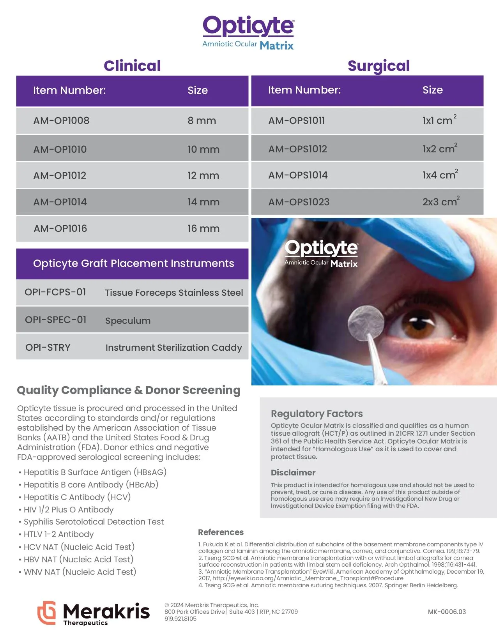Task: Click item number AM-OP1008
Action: coord(61,121)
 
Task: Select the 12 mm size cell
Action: coord(203,176)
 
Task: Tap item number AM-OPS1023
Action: coord(299,202)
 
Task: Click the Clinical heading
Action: coord(132,66)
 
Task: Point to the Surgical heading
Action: coord(378,66)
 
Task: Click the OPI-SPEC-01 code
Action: coord(56,320)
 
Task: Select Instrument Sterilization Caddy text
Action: coord(173,348)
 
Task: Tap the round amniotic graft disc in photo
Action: coord(365,323)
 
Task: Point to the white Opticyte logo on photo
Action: coord(321,253)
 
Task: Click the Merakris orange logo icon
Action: coord(47,612)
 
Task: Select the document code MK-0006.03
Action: coord(447,612)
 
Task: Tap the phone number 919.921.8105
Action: coord(180,619)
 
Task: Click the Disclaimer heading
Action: coord(293,473)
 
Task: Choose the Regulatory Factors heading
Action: coord(317,414)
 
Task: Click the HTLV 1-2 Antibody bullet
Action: coord(58,534)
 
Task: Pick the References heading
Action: coord(221,532)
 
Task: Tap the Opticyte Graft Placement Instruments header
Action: coord(133,263)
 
